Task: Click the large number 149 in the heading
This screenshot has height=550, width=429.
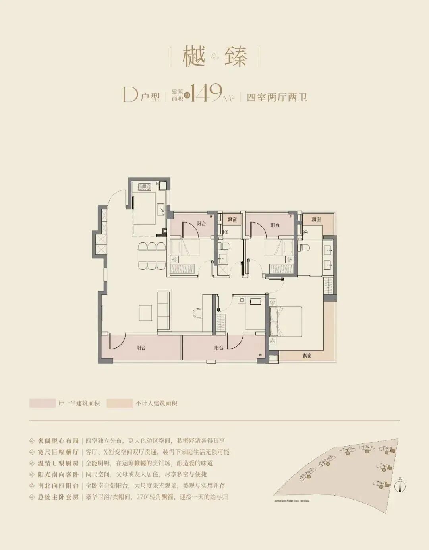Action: tap(206, 93)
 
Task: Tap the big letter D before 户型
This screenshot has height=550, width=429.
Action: tap(130, 95)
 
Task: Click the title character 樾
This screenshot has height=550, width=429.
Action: tap(193, 56)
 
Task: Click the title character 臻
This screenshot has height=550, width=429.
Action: tap(236, 56)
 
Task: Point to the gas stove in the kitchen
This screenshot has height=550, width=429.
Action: tap(144, 186)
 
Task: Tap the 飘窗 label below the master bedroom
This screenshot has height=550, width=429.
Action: tap(307, 356)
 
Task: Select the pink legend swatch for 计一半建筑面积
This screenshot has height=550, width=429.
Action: tap(42, 403)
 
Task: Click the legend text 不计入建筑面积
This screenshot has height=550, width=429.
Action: tap(156, 403)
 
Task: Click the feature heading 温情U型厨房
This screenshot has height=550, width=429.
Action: tap(58, 463)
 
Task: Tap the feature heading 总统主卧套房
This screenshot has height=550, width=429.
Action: tap(58, 497)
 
